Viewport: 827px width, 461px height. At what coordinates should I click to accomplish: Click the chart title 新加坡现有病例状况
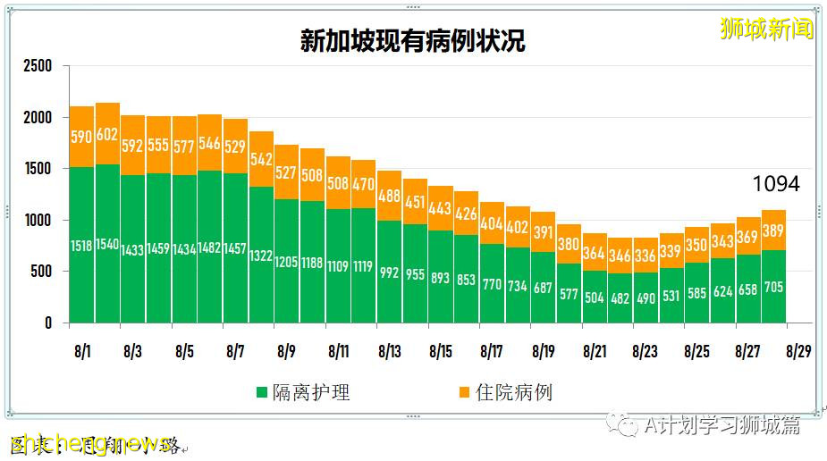412,42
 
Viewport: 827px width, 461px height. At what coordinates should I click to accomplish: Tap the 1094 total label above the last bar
774,185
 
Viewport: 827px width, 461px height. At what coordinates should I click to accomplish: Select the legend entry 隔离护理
303,392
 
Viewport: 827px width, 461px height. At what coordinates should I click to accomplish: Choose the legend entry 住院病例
505,392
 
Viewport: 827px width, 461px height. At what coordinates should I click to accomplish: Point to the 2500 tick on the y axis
38,66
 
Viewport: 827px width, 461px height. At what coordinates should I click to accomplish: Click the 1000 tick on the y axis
38,220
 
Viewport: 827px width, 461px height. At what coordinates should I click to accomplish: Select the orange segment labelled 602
107,134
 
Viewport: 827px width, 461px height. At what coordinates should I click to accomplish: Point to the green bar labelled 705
773,287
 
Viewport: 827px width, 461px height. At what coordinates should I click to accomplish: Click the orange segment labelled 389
773,230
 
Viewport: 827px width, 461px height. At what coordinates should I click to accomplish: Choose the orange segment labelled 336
646,256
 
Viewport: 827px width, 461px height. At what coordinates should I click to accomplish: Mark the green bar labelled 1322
261,255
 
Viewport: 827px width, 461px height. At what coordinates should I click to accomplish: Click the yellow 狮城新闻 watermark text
767,29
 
